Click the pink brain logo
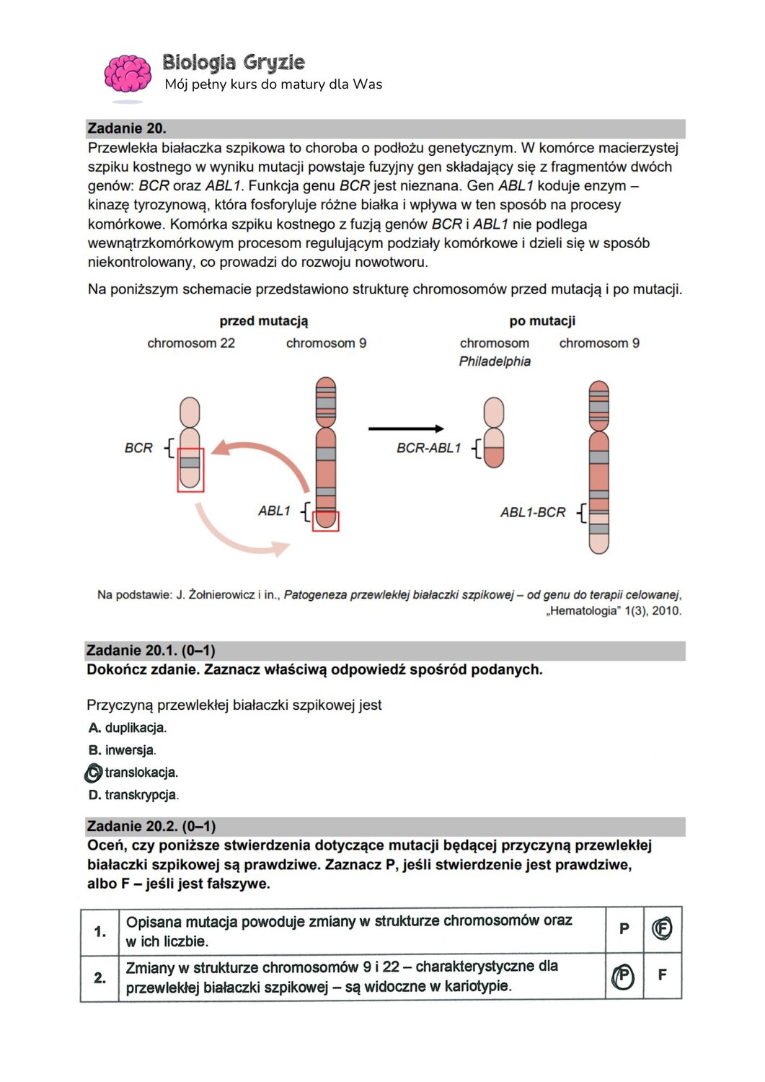[128, 74]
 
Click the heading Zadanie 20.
[127, 128]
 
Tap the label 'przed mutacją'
[263, 321]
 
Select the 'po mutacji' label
[542, 321]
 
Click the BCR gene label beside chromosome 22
[138, 448]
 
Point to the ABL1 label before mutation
[274, 511]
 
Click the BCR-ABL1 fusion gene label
[428, 448]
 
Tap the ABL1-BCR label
[533, 512]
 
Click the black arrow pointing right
[406, 428]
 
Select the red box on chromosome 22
[190, 470]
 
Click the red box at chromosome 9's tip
[325, 521]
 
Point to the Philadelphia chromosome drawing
[494, 433]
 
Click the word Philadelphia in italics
[495, 361]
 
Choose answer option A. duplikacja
[128, 728]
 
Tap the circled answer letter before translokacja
[93, 773]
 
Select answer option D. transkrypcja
[133, 795]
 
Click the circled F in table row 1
[662, 928]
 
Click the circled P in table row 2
[624, 977]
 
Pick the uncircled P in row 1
[624, 929]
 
